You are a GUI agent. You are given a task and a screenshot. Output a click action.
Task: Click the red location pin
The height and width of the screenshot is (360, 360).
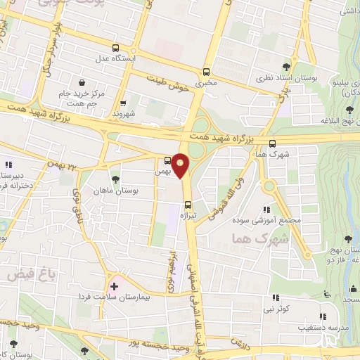(x=181, y=166)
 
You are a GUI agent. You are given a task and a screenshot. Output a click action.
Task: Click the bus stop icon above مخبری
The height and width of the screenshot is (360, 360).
(x=206, y=72)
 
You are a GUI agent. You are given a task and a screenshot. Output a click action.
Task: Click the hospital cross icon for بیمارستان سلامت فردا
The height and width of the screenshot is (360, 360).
(x=114, y=287)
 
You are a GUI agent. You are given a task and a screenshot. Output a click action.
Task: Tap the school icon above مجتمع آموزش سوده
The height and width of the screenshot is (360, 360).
(x=266, y=209)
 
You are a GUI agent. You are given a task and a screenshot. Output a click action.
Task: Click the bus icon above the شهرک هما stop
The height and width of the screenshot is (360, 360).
(x=272, y=143)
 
